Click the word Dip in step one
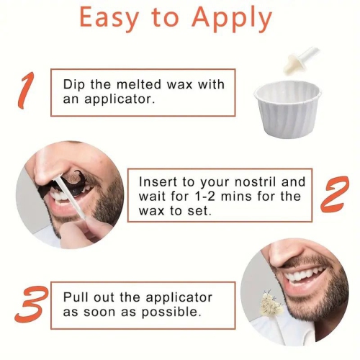(76, 85)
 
